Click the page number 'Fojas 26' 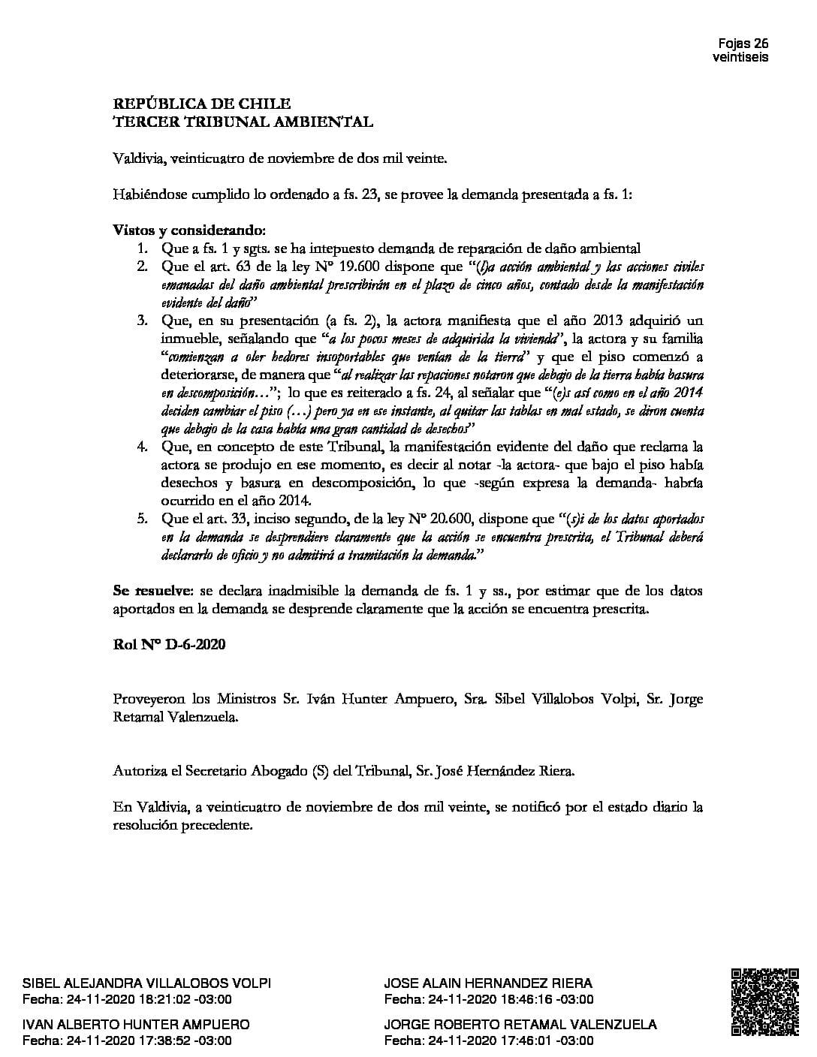pyautogui.click(x=743, y=43)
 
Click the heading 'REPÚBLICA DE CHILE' pyautogui.click(x=201, y=104)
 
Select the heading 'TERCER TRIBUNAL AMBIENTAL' pyautogui.click(x=242, y=121)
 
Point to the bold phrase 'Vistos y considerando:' pyautogui.click(x=189, y=230)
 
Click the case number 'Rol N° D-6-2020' pyautogui.click(x=169, y=645)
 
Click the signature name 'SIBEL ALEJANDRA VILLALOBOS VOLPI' pyautogui.click(x=147, y=983)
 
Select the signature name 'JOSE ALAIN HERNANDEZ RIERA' pyautogui.click(x=488, y=983)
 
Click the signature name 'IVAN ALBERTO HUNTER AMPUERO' pyautogui.click(x=136, y=1025)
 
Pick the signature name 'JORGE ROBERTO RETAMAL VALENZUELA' pyautogui.click(x=520, y=1025)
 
